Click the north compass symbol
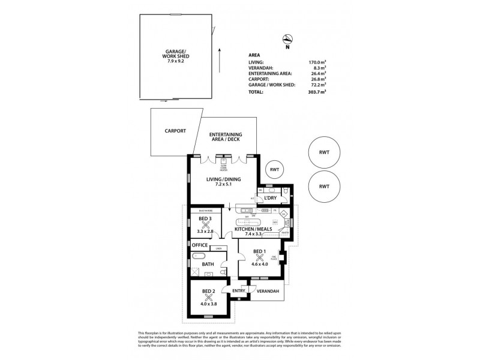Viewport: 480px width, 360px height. point(287,41)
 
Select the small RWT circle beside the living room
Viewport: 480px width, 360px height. point(275,170)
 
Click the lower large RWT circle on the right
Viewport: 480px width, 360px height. point(324,187)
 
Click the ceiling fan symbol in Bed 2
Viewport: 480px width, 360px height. point(208,296)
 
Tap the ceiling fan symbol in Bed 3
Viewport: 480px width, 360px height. point(206,226)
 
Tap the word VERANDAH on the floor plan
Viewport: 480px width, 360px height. point(266,293)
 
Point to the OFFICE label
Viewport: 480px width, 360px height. point(200,245)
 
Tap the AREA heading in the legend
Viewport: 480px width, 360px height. point(254,54)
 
